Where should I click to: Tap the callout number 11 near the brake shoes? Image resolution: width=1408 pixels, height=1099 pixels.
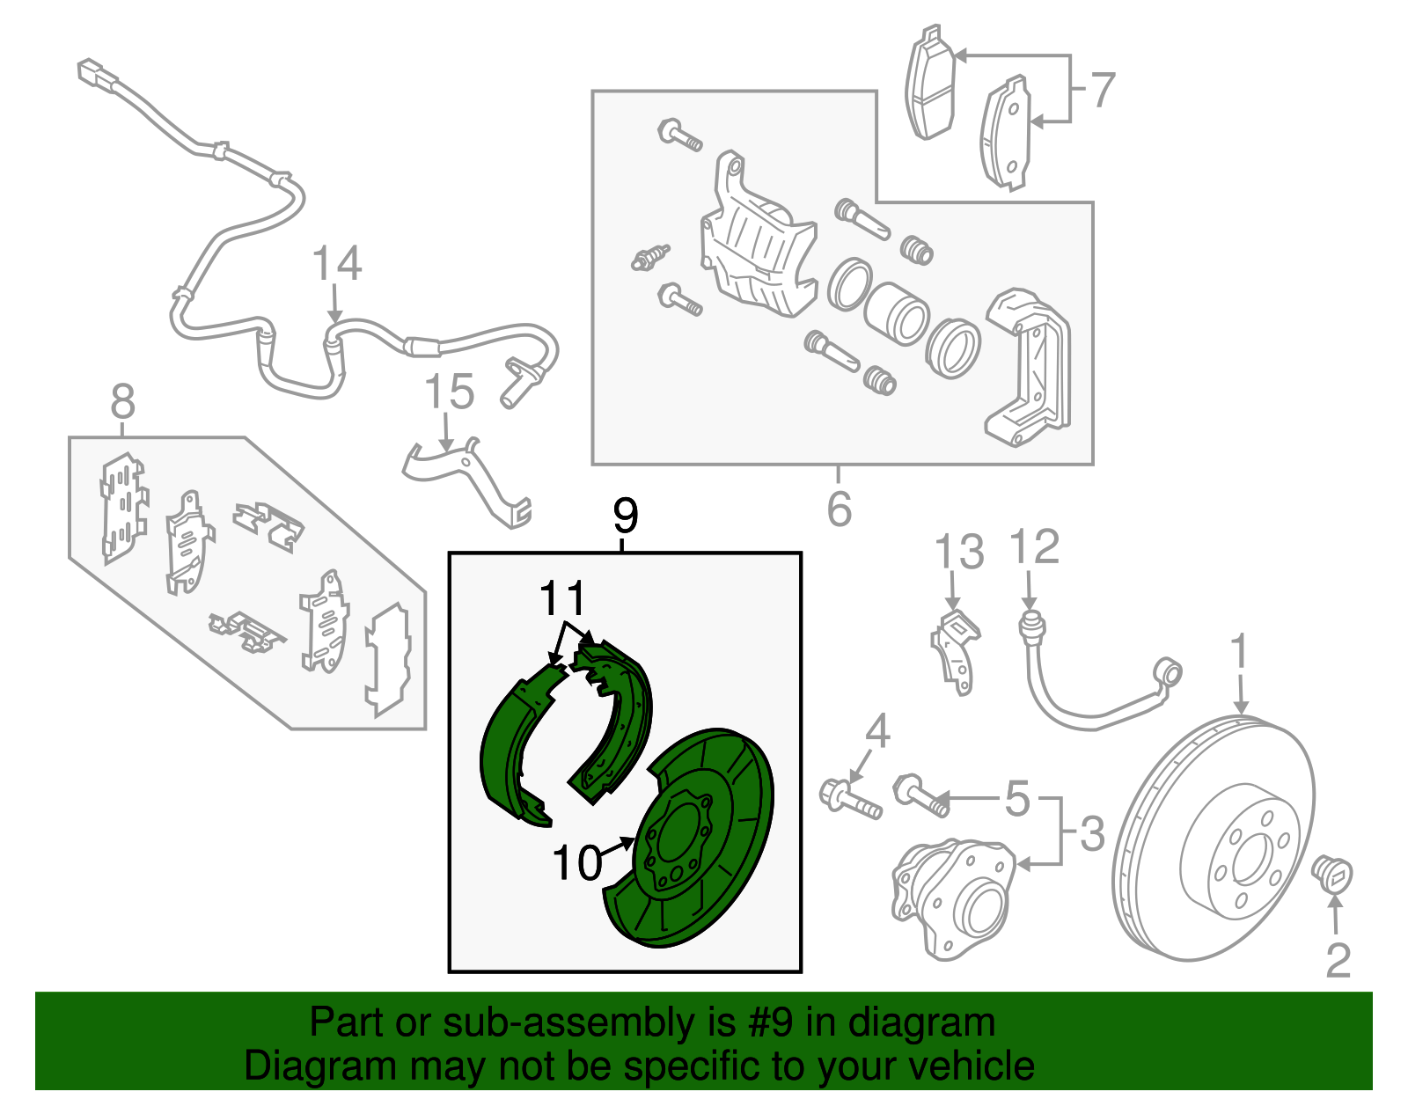tap(562, 599)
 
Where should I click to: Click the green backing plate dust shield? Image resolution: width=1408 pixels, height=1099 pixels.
tap(704, 845)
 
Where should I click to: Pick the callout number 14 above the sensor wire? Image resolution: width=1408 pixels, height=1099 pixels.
tap(336, 264)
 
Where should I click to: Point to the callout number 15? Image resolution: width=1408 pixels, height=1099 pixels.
tap(449, 392)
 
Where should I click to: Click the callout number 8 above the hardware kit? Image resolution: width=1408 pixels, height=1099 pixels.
tap(123, 402)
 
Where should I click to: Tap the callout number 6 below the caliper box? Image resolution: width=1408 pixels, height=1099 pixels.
tap(839, 509)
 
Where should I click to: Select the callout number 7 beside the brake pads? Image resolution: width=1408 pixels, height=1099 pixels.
tap(1102, 90)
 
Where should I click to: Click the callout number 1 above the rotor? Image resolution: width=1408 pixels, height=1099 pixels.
tap(1239, 652)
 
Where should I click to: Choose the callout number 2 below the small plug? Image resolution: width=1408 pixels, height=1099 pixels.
tap(1338, 960)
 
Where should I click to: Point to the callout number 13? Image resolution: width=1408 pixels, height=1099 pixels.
tap(958, 553)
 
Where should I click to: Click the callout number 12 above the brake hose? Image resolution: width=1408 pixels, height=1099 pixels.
tap(1035, 547)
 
